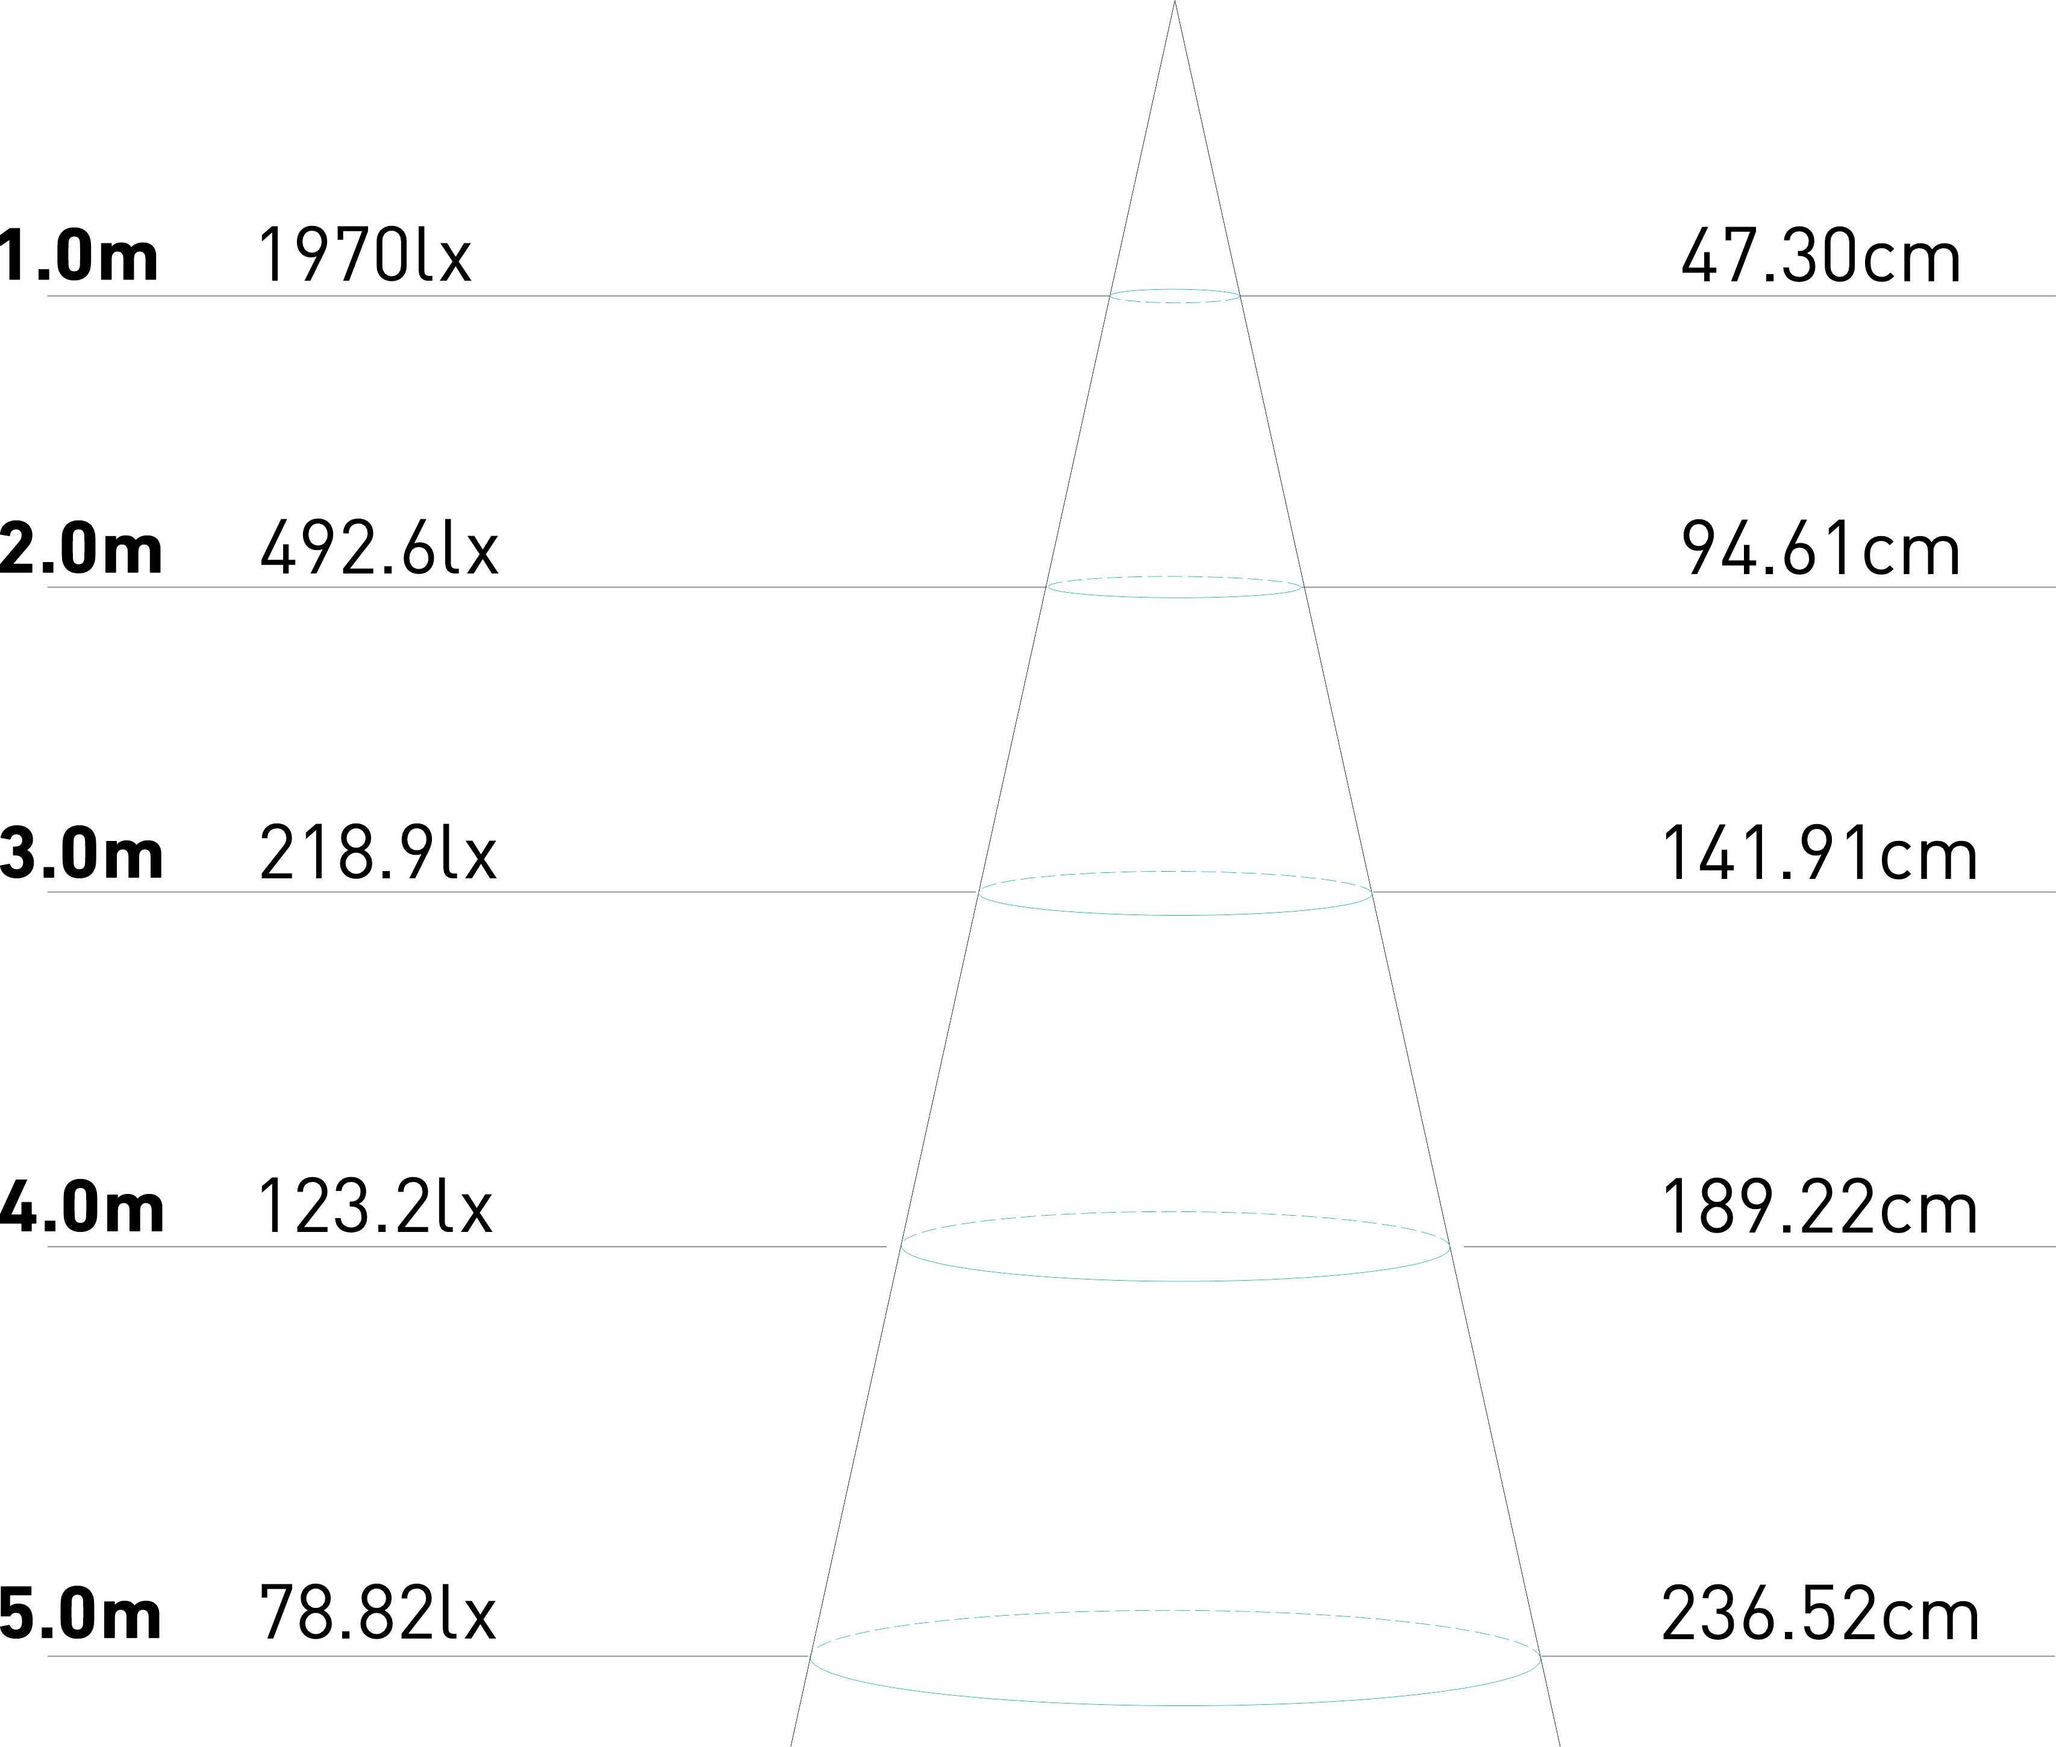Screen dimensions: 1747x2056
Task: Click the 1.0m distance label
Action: pyautogui.click(x=80, y=255)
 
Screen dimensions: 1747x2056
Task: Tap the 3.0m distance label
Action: pyautogui.click(x=81, y=854)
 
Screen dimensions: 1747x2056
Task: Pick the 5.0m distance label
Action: pyautogui.click(x=81, y=1614)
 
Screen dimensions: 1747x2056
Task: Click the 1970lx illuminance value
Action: pyautogui.click(x=364, y=255)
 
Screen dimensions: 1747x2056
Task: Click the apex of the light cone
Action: pyautogui.click(x=1175, y=4)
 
